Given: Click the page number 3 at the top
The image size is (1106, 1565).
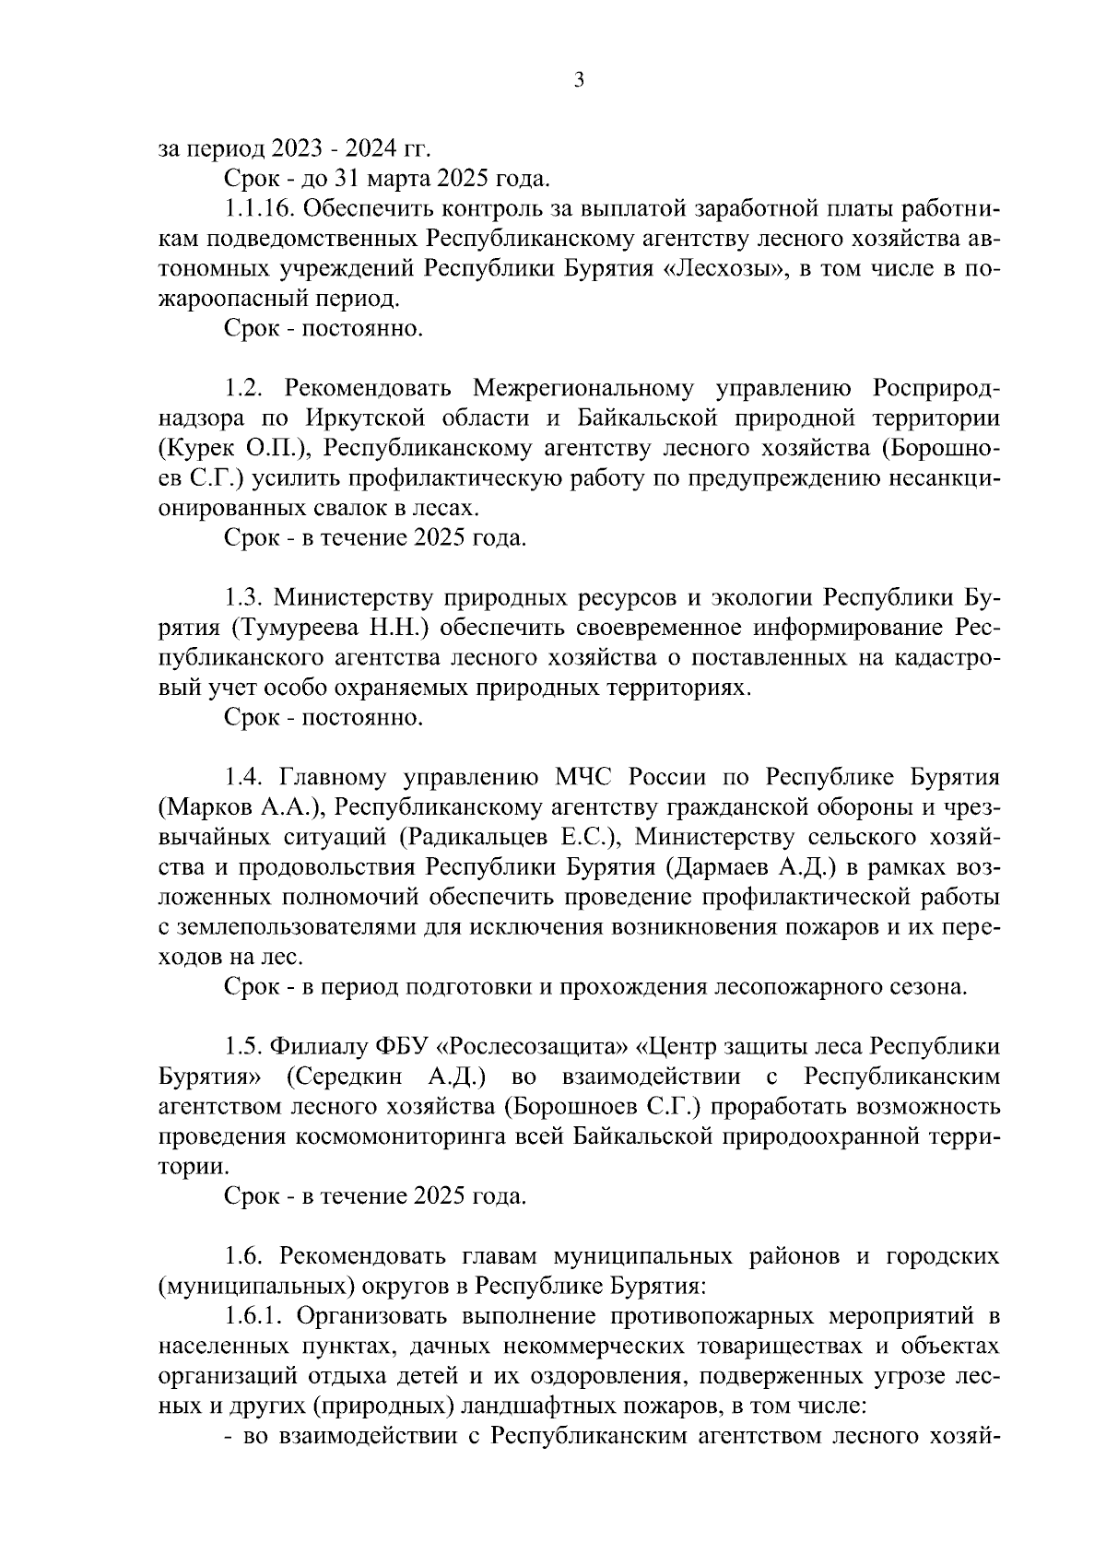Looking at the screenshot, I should [578, 80].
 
